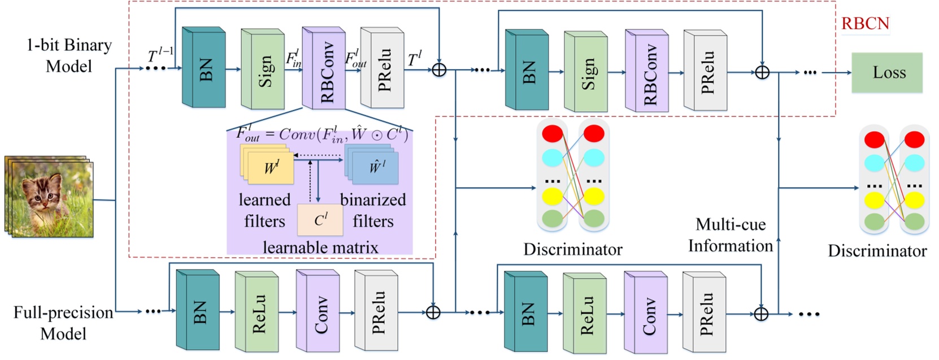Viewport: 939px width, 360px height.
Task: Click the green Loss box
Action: (886, 72)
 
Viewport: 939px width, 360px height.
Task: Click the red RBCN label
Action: (865, 24)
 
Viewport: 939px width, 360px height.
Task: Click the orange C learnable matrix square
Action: (320, 220)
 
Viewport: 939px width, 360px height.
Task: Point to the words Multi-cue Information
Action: (730, 235)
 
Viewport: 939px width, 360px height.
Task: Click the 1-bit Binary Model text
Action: (69, 55)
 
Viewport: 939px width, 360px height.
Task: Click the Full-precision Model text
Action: (63, 323)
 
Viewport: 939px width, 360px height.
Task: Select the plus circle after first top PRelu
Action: (439, 70)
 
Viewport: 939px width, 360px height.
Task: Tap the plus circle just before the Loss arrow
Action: (762, 72)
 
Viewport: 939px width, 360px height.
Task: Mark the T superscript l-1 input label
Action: (160, 55)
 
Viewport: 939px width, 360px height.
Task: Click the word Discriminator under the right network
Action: (877, 251)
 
